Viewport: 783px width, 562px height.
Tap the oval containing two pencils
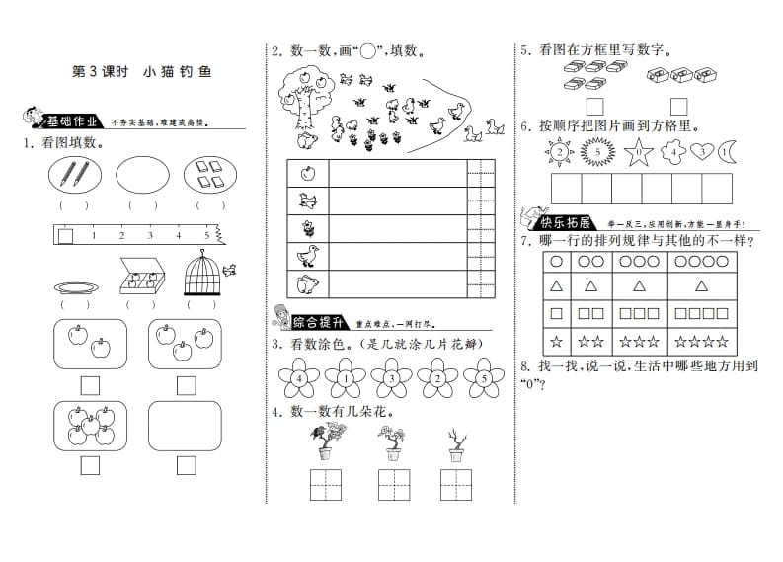(74, 176)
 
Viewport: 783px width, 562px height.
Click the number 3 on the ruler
(150, 236)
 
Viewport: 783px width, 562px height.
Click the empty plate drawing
(75, 287)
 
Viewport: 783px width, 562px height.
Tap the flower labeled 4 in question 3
(297, 376)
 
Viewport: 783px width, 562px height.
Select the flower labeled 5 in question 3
(482, 376)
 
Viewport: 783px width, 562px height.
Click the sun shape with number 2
(560, 152)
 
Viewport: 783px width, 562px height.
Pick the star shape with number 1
(637, 152)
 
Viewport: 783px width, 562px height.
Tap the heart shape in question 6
(702, 151)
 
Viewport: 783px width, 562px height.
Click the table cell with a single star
(556, 341)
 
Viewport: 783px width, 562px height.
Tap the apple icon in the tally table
(307, 174)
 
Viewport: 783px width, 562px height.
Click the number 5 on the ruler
(207, 236)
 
